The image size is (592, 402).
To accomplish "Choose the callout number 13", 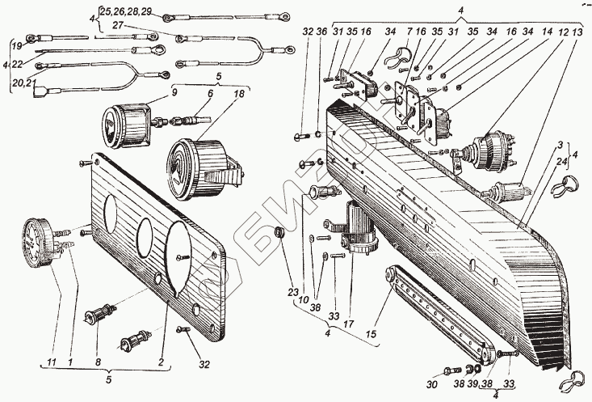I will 576,32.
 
